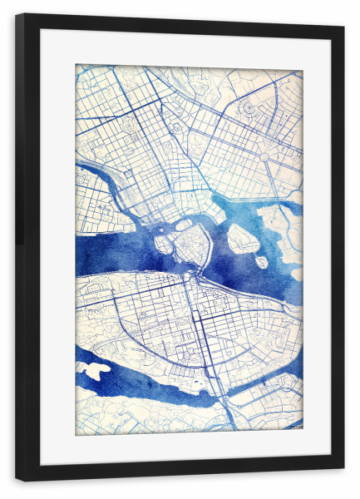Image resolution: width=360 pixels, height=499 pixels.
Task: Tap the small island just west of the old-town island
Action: (164, 245)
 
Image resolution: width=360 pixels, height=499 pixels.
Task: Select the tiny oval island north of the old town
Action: (183, 225)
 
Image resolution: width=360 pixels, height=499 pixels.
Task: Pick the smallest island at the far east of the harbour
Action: (261, 262)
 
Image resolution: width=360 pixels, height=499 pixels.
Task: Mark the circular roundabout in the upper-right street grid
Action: (264, 156)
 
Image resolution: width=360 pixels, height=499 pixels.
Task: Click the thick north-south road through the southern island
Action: (200, 333)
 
